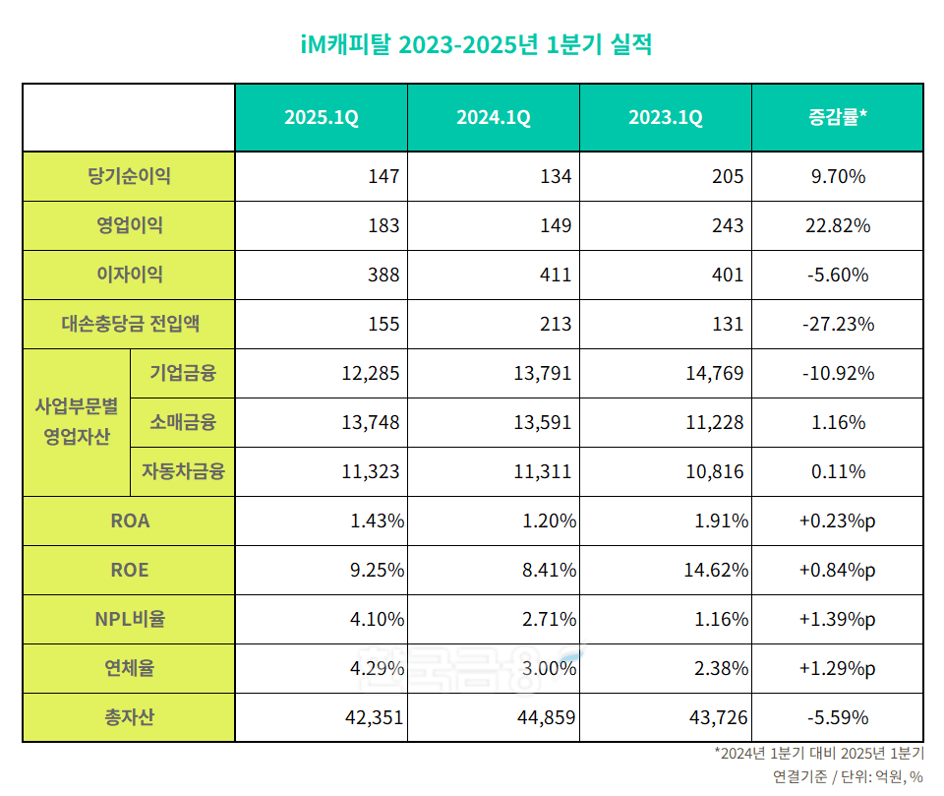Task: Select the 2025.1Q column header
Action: click(321, 118)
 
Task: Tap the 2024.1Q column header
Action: click(493, 118)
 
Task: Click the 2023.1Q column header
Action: click(666, 118)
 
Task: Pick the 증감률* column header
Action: click(836, 118)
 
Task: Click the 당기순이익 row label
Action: click(129, 177)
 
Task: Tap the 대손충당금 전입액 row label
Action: click(129, 324)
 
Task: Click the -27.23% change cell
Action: click(836, 325)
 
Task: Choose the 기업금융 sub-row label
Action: click(183, 374)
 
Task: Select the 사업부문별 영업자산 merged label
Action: click(76, 422)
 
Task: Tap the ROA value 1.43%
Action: click(378, 521)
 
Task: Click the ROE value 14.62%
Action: click(716, 571)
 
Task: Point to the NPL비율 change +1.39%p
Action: click(836, 620)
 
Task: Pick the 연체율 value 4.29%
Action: click(378, 669)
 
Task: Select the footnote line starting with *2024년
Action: click(819, 755)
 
